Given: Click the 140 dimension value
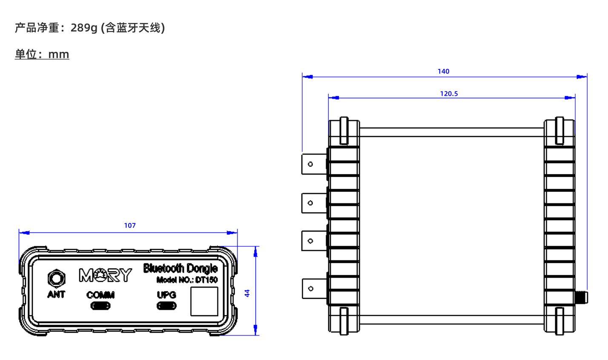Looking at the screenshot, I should click(443, 71).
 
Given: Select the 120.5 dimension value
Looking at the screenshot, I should click(449, 94).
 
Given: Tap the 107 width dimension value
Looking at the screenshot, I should click(130, 226).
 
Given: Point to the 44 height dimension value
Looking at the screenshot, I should click(247, 293).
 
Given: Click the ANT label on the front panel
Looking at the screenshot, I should click(56, 294).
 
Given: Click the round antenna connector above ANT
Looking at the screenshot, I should click(56, 279).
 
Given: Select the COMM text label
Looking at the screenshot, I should click(100, 295).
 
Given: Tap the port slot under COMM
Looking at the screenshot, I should click(100, 306).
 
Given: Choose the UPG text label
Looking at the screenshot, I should click(166, 295).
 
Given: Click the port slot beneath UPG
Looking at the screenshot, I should click(166, 306).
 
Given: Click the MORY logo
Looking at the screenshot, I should click(105, 276).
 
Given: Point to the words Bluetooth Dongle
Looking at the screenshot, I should click(181, 268).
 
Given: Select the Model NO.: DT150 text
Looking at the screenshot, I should click(187, 280).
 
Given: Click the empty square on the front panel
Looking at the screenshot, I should click(204, 301).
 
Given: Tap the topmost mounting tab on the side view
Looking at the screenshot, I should click(314, 164).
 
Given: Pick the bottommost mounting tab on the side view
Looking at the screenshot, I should click(314, 289).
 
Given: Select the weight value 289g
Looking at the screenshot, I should click(84, 28).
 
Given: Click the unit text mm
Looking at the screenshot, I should click(58, 54).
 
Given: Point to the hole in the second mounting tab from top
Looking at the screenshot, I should click(310, 203).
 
